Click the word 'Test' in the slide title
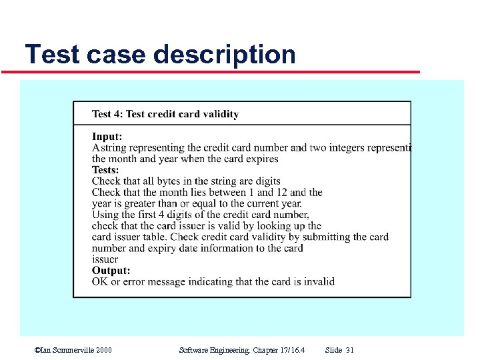click(x=53, y=54)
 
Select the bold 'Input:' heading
click(x=107, y=137)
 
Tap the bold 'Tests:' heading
click(x=105, y=170)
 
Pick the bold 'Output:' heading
click(x=111, y=271)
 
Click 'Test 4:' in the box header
click(x=107, y=114)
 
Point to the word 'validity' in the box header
click(x=219, y=114)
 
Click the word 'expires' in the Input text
click(x=262, y=159)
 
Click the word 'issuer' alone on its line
click(x=105, y=259)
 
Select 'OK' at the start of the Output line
click(x=99, y=281)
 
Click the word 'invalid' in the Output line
click(x=319, y=281)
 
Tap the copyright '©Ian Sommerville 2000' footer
click(x=73, y=350)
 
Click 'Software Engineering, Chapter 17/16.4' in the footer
click(x=242, y=350)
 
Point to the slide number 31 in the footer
click(x=350, y=350)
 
